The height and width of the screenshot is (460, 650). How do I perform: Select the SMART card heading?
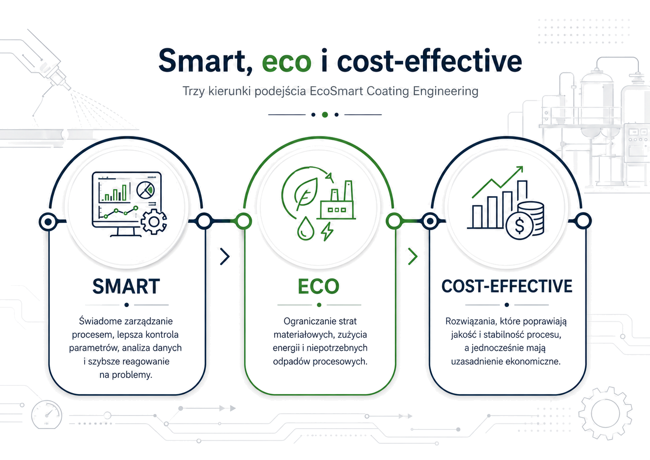point(126,286)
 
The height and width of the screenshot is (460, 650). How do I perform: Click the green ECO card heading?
point(319,286)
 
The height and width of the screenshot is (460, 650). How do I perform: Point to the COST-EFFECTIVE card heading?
point(507,286)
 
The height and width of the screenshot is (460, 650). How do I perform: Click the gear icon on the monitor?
point(154,222)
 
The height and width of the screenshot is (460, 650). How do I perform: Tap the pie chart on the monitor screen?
point(146,190)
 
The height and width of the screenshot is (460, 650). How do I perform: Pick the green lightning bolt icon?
point(327,232)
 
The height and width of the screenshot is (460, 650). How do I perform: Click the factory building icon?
point(337,200)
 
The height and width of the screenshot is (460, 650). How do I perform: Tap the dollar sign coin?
point(519,226)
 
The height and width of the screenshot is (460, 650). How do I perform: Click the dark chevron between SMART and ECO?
point(225,256)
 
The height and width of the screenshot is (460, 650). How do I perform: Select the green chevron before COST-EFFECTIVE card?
point(413,256)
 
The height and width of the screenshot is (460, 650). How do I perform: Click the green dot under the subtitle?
point(325,115)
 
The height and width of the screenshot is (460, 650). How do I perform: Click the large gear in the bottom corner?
point(605,413)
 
